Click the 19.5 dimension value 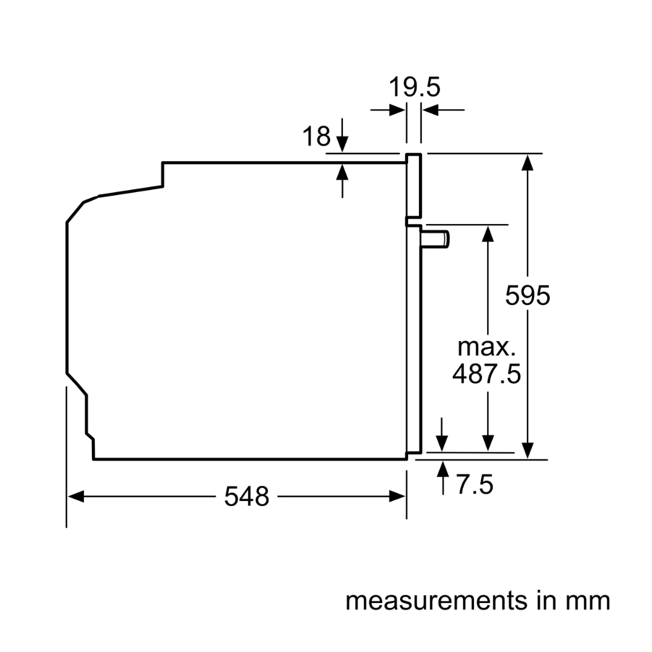(x=414, y=87)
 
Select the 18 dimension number (x=316, y=136)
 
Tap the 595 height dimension (x=528, y=296)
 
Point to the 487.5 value (x=487, y=374)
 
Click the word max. (x=487, y=347)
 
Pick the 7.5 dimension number (x=475, y=485)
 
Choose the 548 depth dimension (x=246, y=497)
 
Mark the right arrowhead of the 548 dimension (x=398, y=497)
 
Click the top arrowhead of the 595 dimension (x=528, y=162)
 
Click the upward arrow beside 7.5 (x=444, y=470)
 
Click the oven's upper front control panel (x=413, y=186)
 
